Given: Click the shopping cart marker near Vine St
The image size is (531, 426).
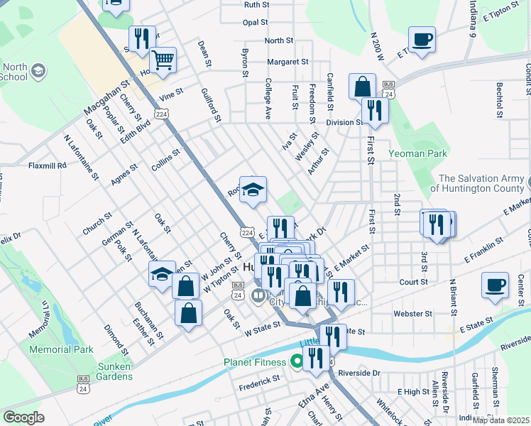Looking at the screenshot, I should click(x=163, y=61).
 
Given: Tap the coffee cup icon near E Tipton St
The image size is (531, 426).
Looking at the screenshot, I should click(x=422, y=40).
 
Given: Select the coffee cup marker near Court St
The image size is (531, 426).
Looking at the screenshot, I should click(x=495, y=285).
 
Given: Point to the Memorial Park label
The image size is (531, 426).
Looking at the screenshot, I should click(x=62, y=350).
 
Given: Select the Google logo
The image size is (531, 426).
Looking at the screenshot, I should click(x=23, y=417).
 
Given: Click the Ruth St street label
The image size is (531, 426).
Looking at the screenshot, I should click(x=256, y=4).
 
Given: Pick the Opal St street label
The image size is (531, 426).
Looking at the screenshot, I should click(x=256, y=23).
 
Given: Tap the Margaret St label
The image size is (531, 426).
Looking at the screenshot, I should click(x=287, y=62).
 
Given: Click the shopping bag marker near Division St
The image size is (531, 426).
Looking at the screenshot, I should click(x=362, y=87).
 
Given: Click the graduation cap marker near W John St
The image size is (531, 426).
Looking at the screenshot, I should click(x=162, y=274).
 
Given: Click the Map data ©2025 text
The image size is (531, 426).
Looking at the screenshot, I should click(x=500, y=420).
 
